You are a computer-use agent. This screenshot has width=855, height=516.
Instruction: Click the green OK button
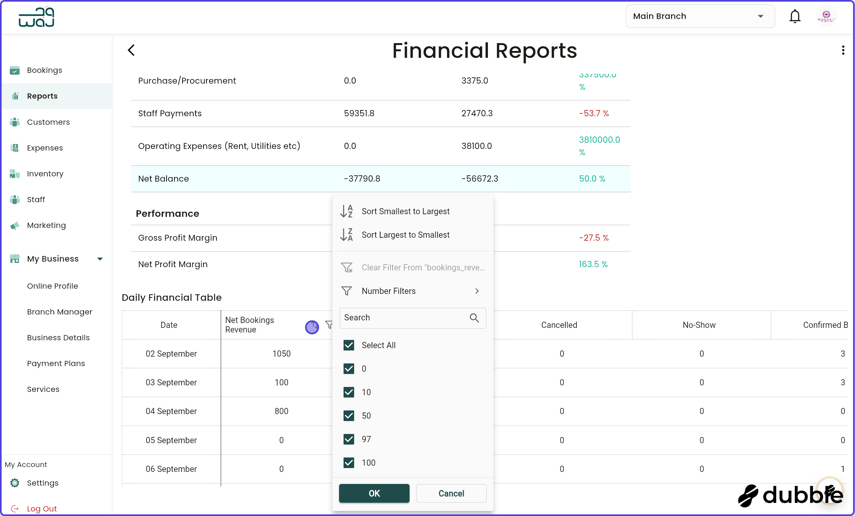[374, 493]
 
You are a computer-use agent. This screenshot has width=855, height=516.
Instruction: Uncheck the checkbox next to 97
[348, 439]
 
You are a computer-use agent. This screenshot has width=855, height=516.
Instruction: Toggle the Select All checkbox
[348, 345]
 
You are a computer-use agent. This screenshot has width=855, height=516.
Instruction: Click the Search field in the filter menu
[404, 317]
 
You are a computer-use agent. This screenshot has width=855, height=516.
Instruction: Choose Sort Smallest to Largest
[405, 211]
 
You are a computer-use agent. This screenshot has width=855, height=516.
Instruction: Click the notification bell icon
[794, 16]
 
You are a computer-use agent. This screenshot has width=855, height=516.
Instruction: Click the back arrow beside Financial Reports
[131, 50]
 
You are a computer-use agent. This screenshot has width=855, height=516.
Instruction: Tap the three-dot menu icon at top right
[843, 50]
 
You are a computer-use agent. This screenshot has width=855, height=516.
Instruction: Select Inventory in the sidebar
[45, 173]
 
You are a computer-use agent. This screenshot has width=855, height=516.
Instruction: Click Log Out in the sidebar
[42, 508]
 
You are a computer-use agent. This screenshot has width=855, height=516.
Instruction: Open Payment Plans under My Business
[56, 363]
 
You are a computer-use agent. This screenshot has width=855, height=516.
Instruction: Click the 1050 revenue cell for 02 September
[281, 354]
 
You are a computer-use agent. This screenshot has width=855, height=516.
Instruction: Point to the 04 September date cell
[171, 411]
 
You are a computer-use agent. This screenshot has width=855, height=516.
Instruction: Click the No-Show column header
[699, 325]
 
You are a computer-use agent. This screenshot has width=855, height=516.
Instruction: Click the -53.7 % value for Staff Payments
[593, 113]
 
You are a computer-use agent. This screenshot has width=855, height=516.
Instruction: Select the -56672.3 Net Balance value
[479, 178]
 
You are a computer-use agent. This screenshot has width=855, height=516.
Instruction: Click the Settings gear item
[42, 483]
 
